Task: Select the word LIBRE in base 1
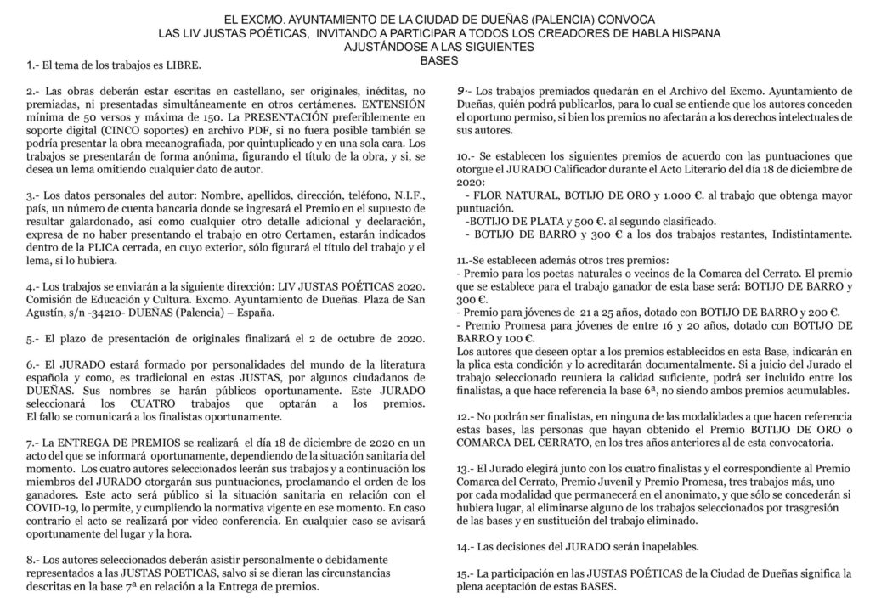[x=183, y=65]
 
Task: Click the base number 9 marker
[x=460, y=90]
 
